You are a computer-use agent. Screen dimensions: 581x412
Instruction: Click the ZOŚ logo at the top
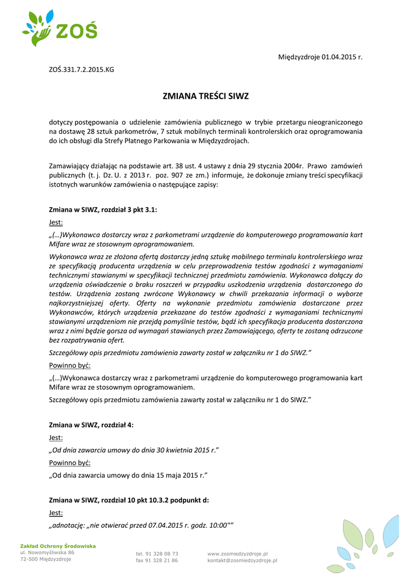tap(60, 28)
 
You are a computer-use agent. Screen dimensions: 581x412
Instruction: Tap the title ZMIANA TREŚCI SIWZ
tap(206, 96)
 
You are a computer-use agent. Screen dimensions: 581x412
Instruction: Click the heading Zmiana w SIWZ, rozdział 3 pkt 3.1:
tap(103, 209)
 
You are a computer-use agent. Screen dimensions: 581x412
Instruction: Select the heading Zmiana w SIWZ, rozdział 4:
tap(91, 424)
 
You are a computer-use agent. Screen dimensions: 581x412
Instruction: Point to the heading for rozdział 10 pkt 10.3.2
tap(129, 500)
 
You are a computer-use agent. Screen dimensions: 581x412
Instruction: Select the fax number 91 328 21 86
tap(162, 560)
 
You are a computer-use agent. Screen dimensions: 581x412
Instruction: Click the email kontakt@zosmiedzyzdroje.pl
tap(242, 560)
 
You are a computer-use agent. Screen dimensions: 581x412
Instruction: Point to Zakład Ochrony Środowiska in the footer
tap(58, 546)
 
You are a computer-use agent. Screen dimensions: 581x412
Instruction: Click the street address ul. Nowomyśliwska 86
tap(47, 552)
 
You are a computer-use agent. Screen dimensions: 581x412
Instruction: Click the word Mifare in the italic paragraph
tap(61, 245)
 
